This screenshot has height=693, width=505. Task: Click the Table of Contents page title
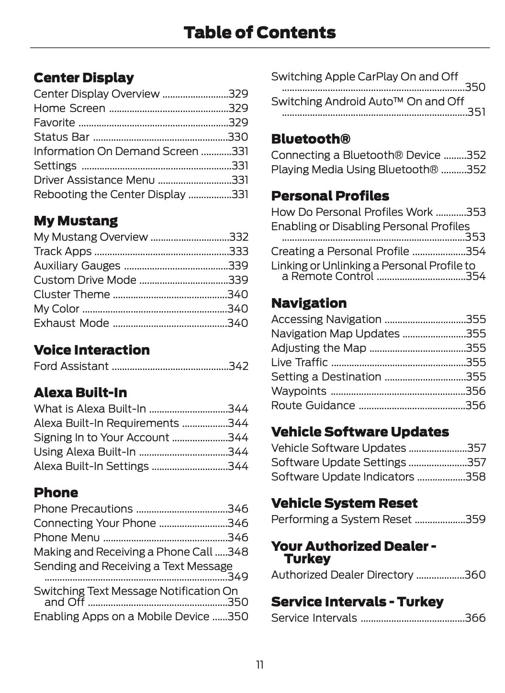coord(259,33)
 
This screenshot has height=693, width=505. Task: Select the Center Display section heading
coord(84,78)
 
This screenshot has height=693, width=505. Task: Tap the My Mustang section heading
coord(76,221)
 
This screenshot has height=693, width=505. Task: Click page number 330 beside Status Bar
coord(238,137)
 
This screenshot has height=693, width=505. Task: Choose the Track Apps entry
coord(63,251)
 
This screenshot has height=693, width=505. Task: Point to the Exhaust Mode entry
coord(71,323)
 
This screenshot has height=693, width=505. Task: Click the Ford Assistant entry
coord(71,366)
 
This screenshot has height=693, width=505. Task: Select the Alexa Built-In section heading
coord(80,392)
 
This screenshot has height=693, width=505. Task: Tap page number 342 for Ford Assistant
coord(238,366)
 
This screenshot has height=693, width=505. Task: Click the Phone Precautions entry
coord(83,509)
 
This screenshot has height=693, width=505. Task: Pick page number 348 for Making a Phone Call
coord(238,552)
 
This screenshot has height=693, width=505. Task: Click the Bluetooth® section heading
coord(311,139)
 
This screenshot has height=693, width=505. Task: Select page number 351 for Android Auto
coord(476,112)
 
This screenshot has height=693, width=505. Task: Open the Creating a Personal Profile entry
coord(340,251)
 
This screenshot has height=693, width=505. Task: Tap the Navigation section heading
coord(309,303)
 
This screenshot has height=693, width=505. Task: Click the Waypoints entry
coord(299,391)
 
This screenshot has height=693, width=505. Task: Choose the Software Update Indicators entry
coord(342,477)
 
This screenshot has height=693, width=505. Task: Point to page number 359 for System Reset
coord(475,519)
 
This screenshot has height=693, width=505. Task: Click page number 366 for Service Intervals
coord(475,618)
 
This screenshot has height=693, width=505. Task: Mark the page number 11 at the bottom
coord(259,665)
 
